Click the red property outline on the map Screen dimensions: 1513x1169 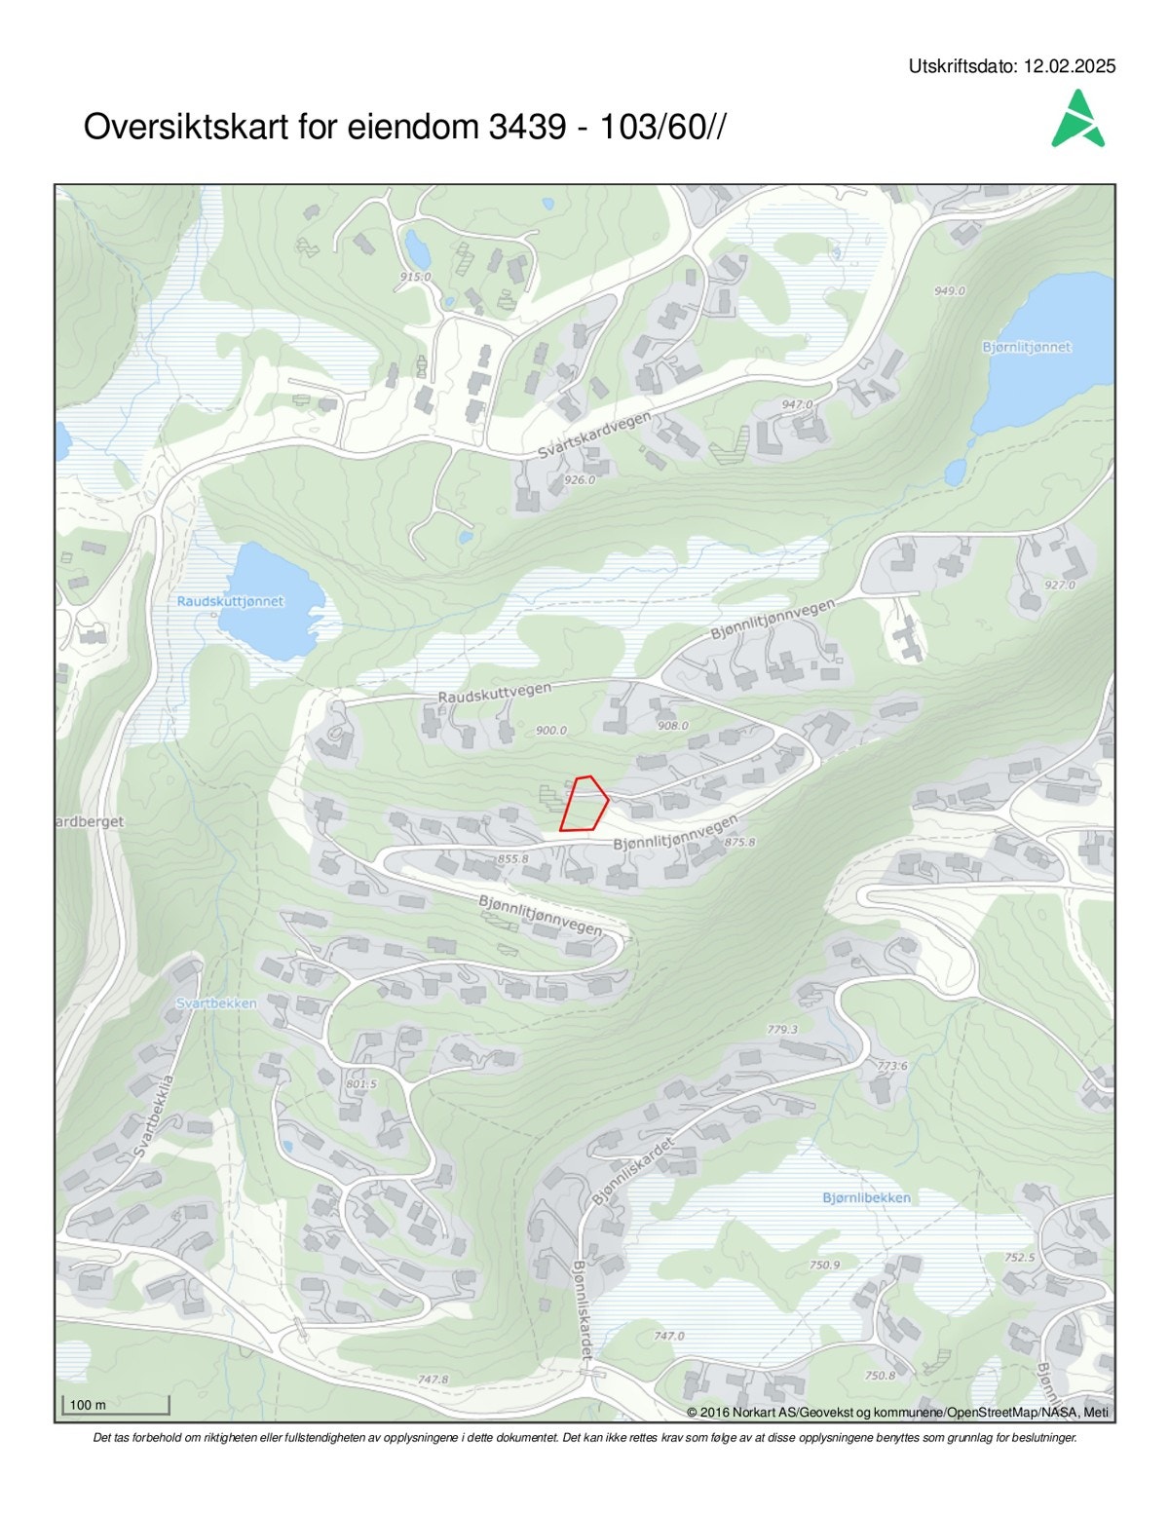[584, 805]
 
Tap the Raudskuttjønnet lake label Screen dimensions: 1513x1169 [230, 601]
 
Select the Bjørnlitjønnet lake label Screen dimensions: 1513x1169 [1027, 347]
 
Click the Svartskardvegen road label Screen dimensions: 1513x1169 [595, 436]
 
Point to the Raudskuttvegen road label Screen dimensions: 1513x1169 [494, 693]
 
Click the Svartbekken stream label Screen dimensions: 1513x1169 [216, 1003]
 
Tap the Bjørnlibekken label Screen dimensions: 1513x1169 [866, 1197]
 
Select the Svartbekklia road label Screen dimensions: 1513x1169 [154, 1116]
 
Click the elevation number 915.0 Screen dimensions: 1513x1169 [415, 277]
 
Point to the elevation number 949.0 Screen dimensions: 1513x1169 [949, 290]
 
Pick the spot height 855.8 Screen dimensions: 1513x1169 [512, 859]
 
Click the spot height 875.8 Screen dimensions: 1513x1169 [740, 842]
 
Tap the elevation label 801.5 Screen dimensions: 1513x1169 [360, 1083]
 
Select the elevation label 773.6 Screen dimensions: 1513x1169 [892, 1066]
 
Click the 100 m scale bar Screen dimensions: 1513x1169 [116, 1405]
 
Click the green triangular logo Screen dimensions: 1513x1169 [1077, 120]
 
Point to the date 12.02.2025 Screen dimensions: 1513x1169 [1070, 67]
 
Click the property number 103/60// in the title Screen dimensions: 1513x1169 [662, 127]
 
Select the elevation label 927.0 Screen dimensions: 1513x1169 [1059, 585]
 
